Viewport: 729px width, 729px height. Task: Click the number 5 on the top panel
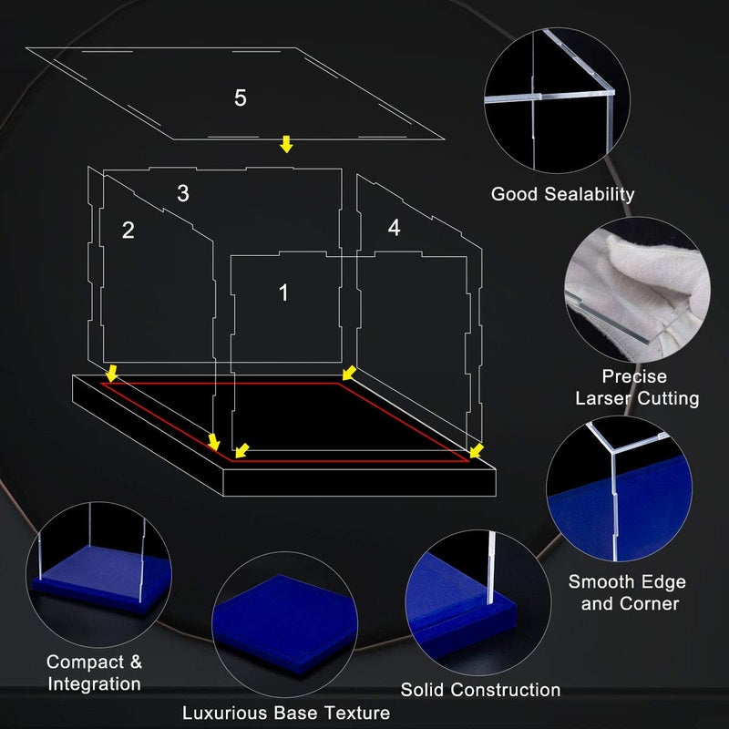tap(240, 98)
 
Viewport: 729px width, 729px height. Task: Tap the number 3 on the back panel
tap(183, 193)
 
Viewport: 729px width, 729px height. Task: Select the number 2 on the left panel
tap(128, 231)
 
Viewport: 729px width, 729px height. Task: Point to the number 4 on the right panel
tap(394, 227)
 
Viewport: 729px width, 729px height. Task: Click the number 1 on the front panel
tap(283, 293)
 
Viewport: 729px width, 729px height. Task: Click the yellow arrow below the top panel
tap(286, 144)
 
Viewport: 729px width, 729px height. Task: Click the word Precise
tap(634, 376)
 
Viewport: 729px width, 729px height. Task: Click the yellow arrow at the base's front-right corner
tap(477, 450)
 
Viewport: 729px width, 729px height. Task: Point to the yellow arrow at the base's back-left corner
tap(111, 373)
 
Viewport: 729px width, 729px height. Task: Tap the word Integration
tap(95, 684)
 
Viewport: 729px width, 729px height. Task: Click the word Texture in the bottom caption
tap(356, 713)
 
